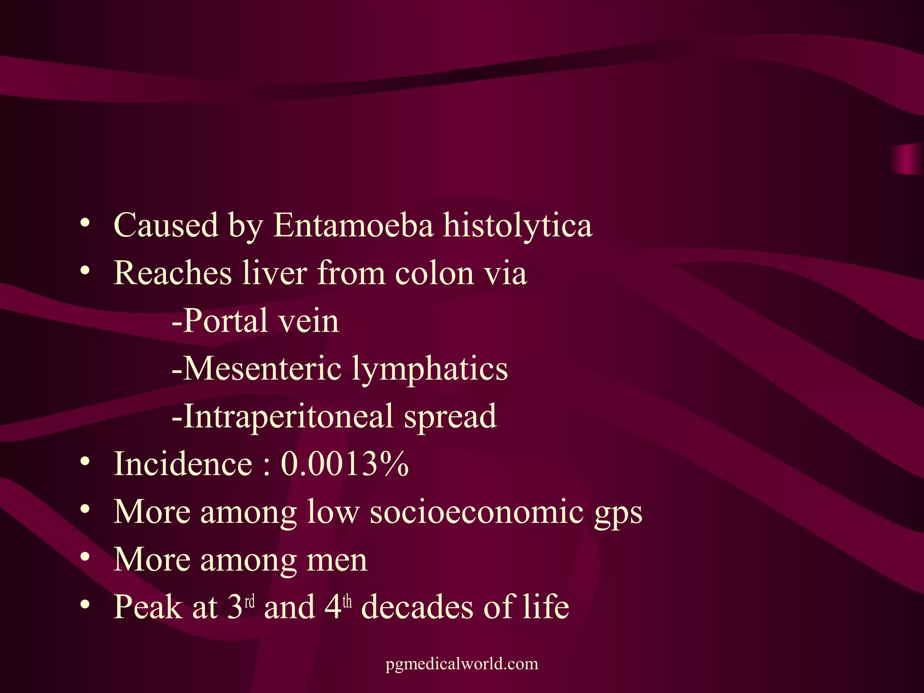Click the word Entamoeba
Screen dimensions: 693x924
(353, 225)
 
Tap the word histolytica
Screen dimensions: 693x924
(517, 225)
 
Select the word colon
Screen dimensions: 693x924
(434, 273)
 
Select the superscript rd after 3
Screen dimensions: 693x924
(249, 601)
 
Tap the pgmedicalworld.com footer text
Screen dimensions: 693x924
(462, 664)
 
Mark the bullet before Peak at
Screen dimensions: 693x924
(84, 605)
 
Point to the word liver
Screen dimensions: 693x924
(274, 273)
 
